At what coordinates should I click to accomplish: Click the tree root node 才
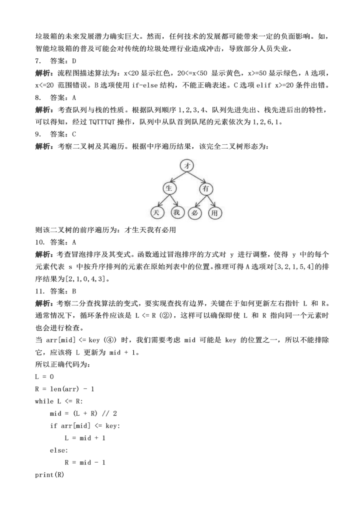click(186, 165)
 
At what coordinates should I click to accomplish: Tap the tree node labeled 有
click(205, 189)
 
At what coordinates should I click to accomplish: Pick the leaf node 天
click(156, 213)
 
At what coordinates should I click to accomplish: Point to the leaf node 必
click(195, 213)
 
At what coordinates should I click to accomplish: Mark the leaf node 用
click(215, 213)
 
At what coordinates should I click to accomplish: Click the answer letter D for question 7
click(74, 61)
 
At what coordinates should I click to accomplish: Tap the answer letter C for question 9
click(74, 134)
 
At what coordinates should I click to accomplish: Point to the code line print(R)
click(49, 475)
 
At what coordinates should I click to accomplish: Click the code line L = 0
click(44, 376)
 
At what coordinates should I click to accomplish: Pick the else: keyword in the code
click(58, 450)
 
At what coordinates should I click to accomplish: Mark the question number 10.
click(39, 242)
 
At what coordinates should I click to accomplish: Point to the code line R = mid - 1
click(85, 463)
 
